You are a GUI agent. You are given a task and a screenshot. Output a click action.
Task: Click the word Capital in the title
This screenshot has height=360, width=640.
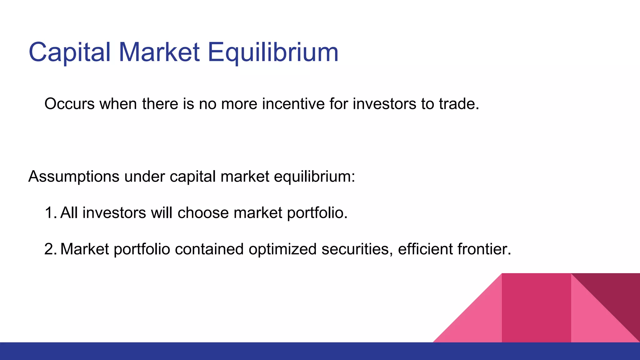pos(69,52)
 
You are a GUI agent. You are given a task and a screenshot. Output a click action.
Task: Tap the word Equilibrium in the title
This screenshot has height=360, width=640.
pos(273,52)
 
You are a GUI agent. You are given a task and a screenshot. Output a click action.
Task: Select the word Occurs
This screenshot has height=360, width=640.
pos(69,104)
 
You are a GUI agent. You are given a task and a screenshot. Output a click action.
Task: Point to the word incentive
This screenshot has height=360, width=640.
pos(293,104)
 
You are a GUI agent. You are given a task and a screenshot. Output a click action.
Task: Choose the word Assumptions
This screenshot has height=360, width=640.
pos(74,177)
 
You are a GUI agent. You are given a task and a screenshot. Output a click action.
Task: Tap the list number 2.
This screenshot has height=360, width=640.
pos(50,249)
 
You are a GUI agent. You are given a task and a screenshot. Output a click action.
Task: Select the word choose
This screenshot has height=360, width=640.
pos(203,213)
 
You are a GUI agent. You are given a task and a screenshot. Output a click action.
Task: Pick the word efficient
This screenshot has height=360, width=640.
pos(425,249)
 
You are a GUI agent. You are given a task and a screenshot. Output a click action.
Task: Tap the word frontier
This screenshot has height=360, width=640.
pos(484,249)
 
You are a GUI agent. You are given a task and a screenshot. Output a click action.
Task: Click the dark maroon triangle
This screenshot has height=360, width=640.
pos(616,294)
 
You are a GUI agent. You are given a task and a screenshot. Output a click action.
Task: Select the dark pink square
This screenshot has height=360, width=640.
pos(536,308)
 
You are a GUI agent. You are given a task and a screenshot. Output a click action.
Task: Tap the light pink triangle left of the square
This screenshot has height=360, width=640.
pos(478,322)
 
